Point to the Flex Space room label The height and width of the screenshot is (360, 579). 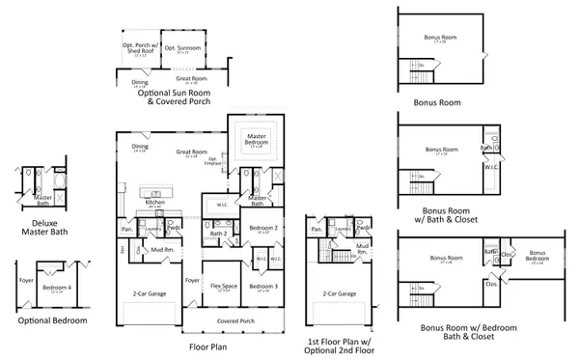[224, 286]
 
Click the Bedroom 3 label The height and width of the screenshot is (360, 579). [263, 286]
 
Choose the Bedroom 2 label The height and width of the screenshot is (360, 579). [263, 227]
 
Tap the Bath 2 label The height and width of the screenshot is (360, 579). [218, 233]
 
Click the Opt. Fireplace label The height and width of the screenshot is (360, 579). [215, 162]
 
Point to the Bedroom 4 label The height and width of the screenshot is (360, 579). [57, 287]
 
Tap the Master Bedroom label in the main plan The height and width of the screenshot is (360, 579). [257, 140]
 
